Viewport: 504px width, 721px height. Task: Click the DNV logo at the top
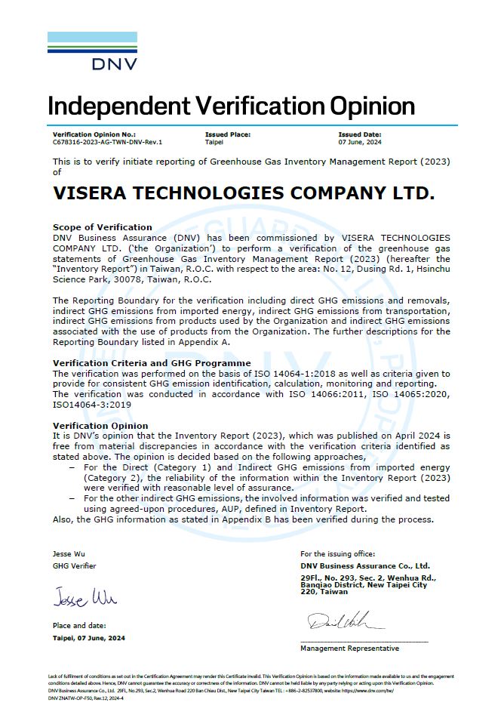tap(93, 51)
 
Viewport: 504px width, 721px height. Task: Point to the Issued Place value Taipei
tap(214, 142)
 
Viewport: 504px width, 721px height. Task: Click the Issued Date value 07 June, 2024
tap(360, 142)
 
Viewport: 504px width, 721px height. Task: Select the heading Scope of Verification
tap(103, 226)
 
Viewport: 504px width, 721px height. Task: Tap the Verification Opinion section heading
tap(100, 426)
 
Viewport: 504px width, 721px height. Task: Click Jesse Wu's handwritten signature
tap(85, 599)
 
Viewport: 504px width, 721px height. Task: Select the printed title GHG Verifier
tap(75, 565)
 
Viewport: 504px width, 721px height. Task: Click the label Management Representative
tap(349, 649)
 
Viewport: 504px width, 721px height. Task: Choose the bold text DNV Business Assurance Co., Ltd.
tap(365, 565)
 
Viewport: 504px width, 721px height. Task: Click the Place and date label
tap(79, 625)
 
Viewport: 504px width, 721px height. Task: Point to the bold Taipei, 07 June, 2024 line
tap(89, 638)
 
